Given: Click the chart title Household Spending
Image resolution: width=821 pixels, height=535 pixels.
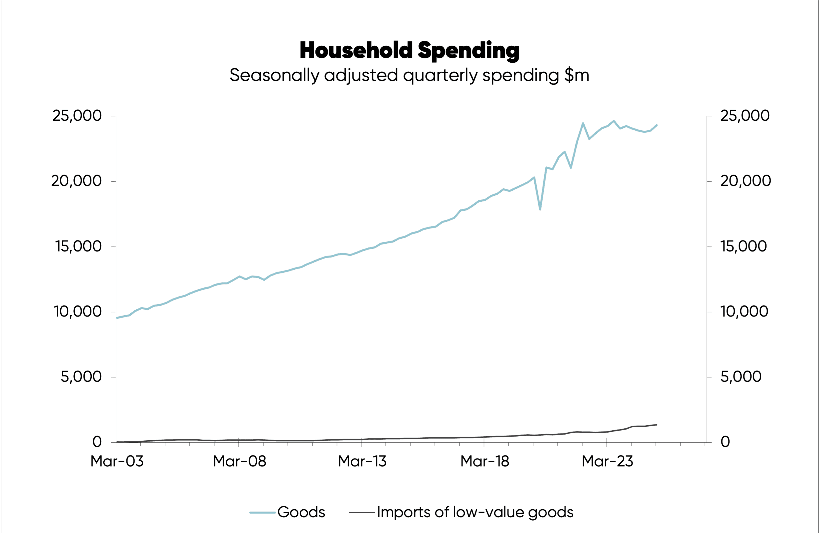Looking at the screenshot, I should (409, 50).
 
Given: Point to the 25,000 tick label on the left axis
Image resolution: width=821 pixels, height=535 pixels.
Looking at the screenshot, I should (77, 116).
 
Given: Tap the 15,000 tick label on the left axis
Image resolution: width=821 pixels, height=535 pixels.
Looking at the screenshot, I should (78, 246).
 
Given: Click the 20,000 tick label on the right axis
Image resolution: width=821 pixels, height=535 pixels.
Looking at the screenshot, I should (745, 181).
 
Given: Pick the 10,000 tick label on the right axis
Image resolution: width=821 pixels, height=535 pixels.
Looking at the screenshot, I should (744, 311).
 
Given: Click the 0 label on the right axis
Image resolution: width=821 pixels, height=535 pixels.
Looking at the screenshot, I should (725, 442).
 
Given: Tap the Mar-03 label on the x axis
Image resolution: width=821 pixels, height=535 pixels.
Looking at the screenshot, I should (117, 461).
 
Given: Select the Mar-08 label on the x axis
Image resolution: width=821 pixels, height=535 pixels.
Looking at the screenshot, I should (240, 461).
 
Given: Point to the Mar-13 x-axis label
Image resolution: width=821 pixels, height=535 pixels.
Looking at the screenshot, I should (362, 461).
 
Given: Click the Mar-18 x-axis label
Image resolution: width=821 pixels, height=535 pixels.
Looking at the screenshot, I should (485, 461).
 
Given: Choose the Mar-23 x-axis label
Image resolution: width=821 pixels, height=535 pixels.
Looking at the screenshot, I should (607, 461).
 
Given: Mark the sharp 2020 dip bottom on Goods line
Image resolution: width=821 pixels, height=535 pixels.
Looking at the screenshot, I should (540, 209).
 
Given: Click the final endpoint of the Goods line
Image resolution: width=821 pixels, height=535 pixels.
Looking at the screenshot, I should (657, 125).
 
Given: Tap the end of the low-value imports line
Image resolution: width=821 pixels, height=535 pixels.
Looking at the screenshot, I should (657, 425).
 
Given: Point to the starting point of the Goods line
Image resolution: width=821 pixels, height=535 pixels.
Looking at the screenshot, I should (117, 318).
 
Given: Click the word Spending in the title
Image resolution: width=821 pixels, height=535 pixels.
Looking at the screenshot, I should (468, 50).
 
